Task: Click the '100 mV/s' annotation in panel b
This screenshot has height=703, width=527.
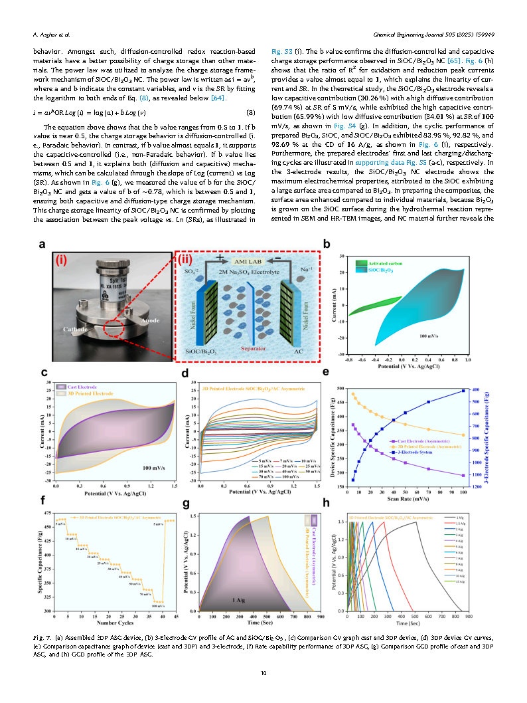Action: coord(431,337)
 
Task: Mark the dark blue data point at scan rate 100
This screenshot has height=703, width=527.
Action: coord(463,391)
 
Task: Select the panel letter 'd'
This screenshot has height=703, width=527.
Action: coord(185,373)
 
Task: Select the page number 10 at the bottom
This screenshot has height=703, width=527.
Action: coord(263,674)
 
